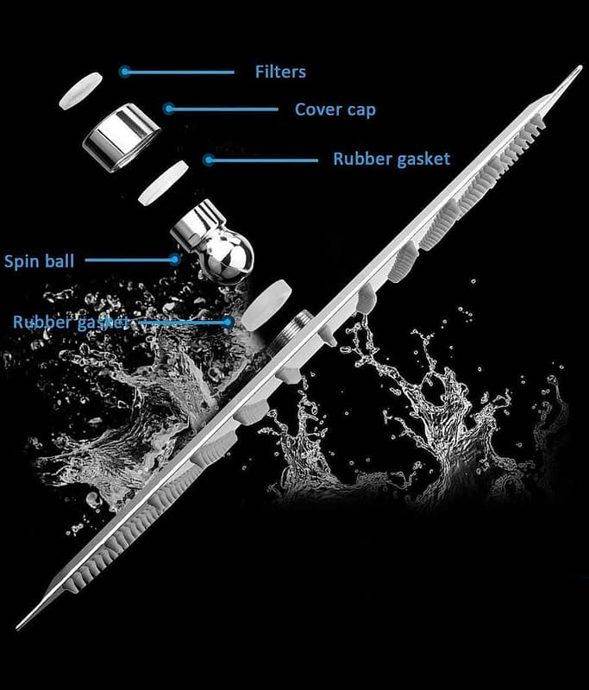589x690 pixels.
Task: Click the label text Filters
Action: click(x=280, y=72)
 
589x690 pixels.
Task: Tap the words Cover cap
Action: click(x=335, y=110)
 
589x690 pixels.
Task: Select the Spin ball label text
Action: click(x=39, y=261)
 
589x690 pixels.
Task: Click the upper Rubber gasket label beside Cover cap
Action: click(x=392, y=159)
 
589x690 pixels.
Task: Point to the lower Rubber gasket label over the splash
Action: click(x=72, y=322)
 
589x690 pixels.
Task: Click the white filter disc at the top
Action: click(x=80, y=91)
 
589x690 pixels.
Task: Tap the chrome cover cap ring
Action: click(x=122, y=137)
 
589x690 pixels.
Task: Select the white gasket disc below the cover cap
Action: click(x=163, y=183)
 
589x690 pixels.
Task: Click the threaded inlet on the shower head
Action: click(x=291, y=329)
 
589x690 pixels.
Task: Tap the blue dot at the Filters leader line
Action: click(x=125, y=72)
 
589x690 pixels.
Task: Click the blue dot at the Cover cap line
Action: click(x=169, y=109)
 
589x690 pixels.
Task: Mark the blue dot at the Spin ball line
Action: click(x=175, y=260)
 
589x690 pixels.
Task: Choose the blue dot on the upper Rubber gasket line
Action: click(x=210, y=160)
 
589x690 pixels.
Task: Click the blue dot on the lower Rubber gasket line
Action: click(x=228, y=322)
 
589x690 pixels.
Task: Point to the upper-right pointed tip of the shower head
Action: click(x=581, y=67)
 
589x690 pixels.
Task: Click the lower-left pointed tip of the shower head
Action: click(x=17, y=628)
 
